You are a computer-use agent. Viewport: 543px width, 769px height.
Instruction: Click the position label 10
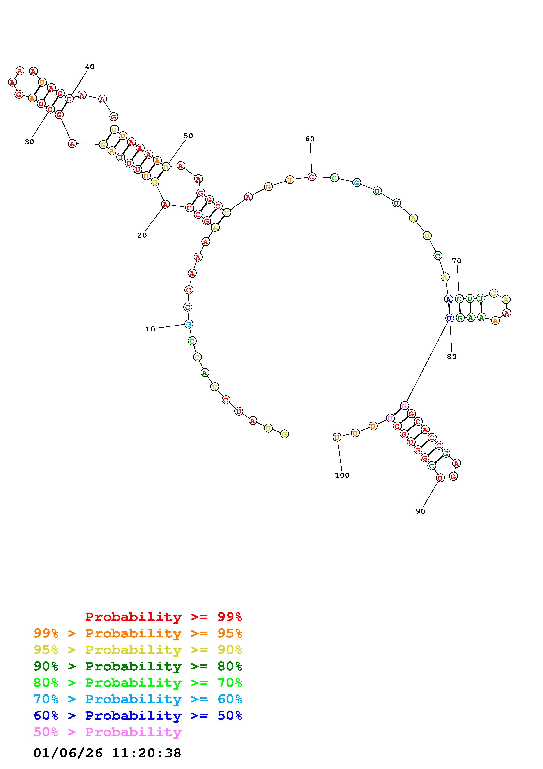pos(150,329)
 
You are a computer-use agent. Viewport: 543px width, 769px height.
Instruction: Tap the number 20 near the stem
pos(142,235)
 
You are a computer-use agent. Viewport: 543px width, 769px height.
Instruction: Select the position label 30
pos(29,142)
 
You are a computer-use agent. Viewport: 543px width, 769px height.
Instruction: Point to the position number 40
pos(90,67)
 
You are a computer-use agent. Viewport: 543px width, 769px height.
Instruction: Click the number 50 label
pos(188,136)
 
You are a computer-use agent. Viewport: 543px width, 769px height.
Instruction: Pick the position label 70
pos(457,261)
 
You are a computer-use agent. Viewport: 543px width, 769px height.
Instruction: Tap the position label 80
pos(452,357)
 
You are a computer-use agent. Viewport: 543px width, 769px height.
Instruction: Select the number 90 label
pos(421,511)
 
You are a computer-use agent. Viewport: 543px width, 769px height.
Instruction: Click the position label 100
pos(342,475)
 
